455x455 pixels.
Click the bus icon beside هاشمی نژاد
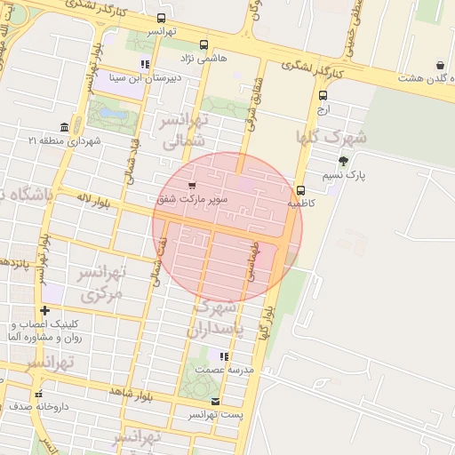pos(204,44)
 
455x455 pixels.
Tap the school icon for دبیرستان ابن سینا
pos(145,64)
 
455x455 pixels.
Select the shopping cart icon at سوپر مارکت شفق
pos(192,186)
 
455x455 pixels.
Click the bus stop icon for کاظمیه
pos(300,190)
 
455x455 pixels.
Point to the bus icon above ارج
pos(322,96)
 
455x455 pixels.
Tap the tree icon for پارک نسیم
pos(343,161)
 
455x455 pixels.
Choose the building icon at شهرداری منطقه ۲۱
pos(64,127)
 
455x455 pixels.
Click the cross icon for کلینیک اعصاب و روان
pos(44,310)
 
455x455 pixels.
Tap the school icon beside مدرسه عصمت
pos(224,356)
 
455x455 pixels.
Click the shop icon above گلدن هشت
pos(440,65)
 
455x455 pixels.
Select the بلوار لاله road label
pos(93,201)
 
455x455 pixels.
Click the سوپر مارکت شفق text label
pos(193,200)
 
